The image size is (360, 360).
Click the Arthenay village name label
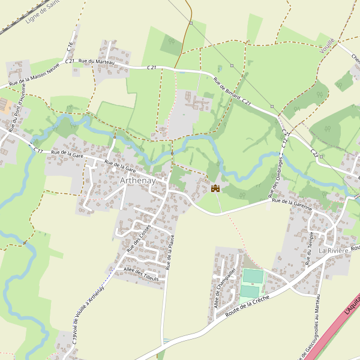(137, 181)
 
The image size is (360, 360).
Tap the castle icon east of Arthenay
(215, 188)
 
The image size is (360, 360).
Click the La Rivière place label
(332, 250)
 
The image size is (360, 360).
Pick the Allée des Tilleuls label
(141, 276)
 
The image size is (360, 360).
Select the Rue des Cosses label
(137, 238)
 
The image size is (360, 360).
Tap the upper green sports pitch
(253, 277)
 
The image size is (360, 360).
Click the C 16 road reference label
(70, 47)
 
